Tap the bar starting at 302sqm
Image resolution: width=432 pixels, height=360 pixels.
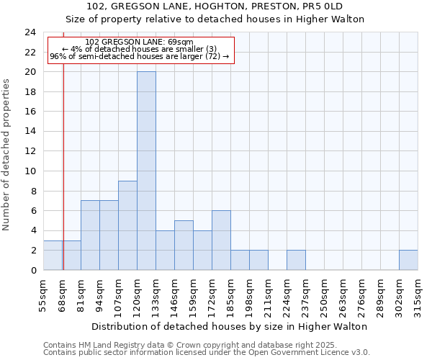[x=408, y=260]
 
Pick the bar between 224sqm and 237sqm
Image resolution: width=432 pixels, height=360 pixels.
[x=296, y=260]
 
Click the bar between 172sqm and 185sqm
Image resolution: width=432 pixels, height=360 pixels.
[x=221, y=240]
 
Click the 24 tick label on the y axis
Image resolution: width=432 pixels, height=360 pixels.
[x=30, y=32]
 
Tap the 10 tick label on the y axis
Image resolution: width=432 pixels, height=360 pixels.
[x=30, y=171]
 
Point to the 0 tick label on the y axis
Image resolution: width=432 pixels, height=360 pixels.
[x=33, y=271]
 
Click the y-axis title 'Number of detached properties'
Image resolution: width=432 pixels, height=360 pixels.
[x=7, y=156]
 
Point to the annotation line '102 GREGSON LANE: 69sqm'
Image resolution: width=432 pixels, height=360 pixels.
[x=139, y=42]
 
